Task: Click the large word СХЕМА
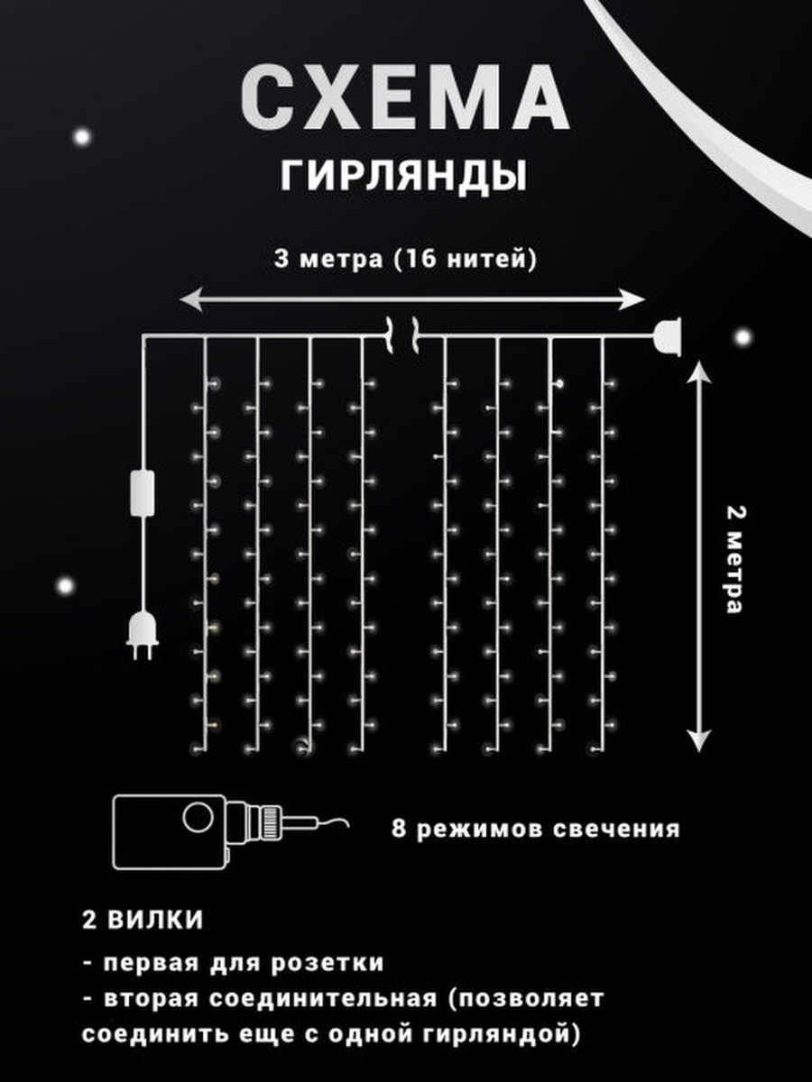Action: pos(405,97)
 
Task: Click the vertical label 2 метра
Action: pos(735,559)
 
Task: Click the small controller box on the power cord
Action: pos(142,492)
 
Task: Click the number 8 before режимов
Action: pos(398,828)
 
